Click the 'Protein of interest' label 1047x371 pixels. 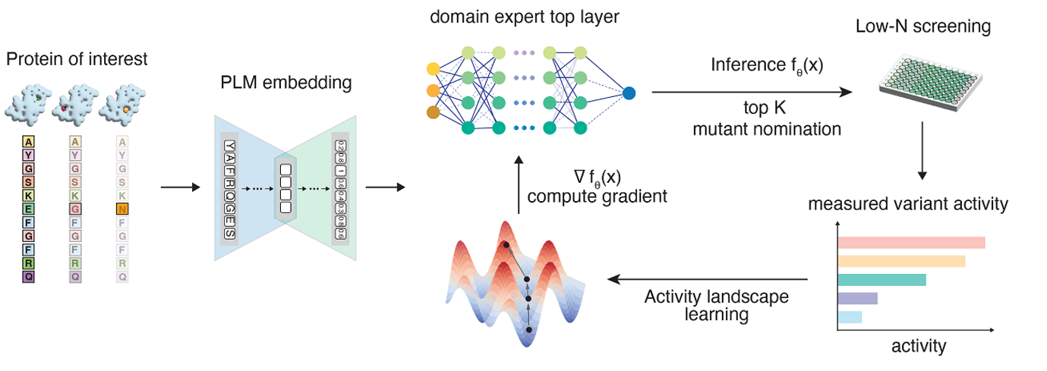pyautogui.click(x=77, y=58)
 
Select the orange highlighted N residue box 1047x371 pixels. pyautogui.click(x=122, y=209)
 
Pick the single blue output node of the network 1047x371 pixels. pyautogui.click(x=629, y=94)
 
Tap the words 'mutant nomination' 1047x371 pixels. pyautogui.click(x=767, y=129)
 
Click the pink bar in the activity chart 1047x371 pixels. pyautogui.click(x=911, y=243)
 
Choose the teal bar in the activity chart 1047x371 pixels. pyautogui.click(x=881, y=279)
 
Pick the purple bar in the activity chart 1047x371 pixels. pyautogui.click(x=857, y=298)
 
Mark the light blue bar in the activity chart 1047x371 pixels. pyautogui.click(x=850, y=316)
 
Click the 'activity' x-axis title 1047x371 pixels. pyautogui.click(x=919, y=347)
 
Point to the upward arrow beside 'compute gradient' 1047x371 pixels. pyautogui.click(x=518, y=187)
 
